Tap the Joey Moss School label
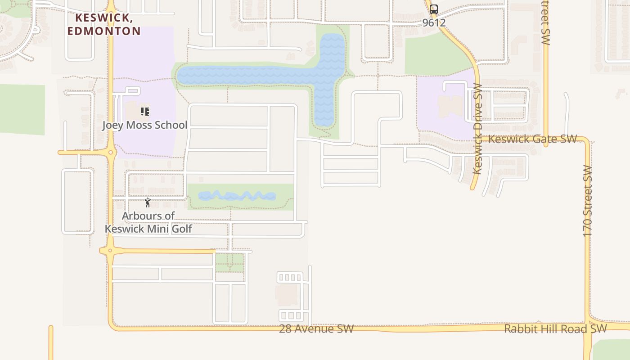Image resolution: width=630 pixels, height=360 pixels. click(x=144, y=125)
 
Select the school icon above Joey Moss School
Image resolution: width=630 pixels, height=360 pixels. click(x=144, y=111)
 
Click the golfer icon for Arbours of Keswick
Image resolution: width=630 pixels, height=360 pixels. click(x=148, y=202)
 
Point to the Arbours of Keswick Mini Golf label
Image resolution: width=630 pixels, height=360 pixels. click(x=148, y=222)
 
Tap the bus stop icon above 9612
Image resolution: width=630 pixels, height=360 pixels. click(x=434, y=9)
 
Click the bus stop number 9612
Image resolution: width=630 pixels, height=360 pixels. click(x=434, y=22)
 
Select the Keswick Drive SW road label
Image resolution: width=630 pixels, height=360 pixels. click(x=477, y=129)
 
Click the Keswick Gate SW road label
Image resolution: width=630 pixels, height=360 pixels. click(x=532, y=139)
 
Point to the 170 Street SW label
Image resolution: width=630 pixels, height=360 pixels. click(x=588, y=201)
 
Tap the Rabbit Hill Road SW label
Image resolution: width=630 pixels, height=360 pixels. click(x=555, y=329)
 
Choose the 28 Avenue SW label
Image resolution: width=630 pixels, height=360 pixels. click(x=316, y=329)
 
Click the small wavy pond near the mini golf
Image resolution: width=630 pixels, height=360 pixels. click(x=237, y=196)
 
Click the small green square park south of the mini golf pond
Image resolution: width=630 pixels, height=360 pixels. click(x=229, y=262)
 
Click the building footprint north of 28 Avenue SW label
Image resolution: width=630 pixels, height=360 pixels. click(x=287, y=295)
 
